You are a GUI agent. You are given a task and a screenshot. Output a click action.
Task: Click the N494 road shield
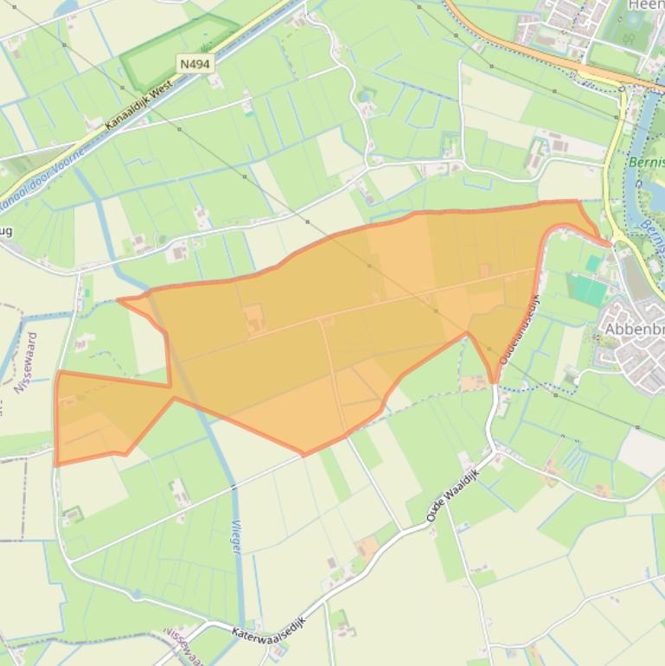(194, 63)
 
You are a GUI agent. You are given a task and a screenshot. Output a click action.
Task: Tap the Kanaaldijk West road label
(139, 105)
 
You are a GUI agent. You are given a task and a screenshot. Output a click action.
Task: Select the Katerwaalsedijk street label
(269, 620)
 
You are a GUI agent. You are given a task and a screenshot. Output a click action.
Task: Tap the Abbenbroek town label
(634, 330)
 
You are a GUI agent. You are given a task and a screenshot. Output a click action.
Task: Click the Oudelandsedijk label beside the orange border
(519, 329)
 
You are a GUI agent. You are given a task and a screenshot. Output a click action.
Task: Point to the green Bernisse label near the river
(646, 162)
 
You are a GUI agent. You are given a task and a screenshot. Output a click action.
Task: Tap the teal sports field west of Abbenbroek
(589, 290)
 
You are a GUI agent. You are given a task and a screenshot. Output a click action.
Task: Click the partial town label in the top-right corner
(645, 4)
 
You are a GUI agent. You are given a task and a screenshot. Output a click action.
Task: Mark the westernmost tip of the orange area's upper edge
(118, 301)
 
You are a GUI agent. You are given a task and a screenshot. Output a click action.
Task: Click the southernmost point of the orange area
(303, 453)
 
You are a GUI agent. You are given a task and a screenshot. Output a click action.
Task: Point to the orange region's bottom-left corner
(57, 464)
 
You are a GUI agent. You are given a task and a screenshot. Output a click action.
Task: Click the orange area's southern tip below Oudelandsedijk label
(492, 381)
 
